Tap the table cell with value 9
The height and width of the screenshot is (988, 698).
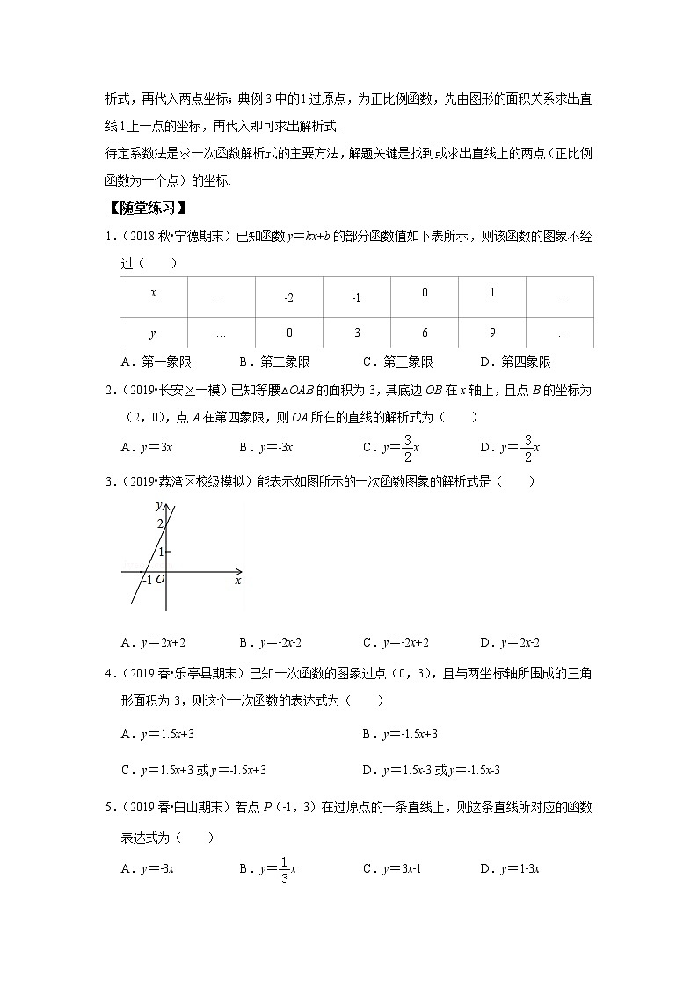[x=492, y=333]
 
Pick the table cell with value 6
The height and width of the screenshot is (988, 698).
[x=425, y=333]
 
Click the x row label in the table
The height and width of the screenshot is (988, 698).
[x=154, y=293]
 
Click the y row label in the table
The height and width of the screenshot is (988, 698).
[x=154, y=333]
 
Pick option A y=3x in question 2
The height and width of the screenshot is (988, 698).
[x=147, y=448]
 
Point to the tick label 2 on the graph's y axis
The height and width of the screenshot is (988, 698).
[x=160, y=525]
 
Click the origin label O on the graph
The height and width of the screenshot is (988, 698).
[x=160, y=581]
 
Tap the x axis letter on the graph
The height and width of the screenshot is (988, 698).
[x=237, y=581]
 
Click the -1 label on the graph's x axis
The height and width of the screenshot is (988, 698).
[x=147, y=581]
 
